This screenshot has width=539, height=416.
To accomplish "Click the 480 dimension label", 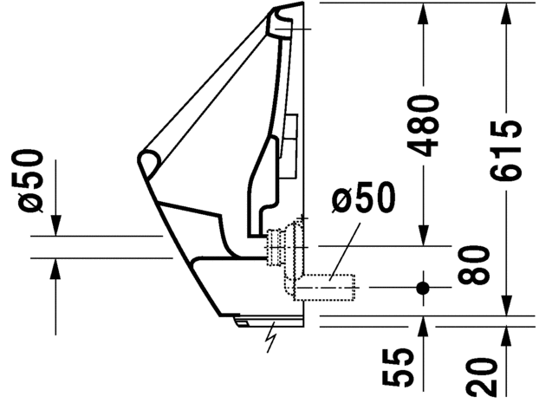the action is (x=423, y=127).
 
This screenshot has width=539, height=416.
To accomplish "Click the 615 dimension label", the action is (x=506, y=151).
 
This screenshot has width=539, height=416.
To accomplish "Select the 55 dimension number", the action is (x=398, y=367).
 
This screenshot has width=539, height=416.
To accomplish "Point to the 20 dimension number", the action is (x=482, y=377).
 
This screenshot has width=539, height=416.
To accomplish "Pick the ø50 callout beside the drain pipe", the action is (x=363, y=197).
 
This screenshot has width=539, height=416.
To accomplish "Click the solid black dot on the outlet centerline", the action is (x=423, y=288).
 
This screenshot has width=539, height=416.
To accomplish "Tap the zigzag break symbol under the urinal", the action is (x=271, y=338).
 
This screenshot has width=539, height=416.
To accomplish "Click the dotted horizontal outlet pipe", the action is (x=325, y=288).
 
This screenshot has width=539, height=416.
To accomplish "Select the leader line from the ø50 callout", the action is (x=345, y=251).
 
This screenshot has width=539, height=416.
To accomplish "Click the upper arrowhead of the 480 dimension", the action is (x=423, y=14).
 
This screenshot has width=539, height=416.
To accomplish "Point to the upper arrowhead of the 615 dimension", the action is (x=506, y=14).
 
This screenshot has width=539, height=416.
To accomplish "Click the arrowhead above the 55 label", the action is (x=423, y=328).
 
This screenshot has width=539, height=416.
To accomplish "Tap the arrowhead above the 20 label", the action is (x=506, y=338).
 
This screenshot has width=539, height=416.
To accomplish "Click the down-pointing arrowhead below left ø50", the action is (x=55, y=225).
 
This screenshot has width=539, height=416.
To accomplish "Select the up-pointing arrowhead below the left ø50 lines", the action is (x=55, y=269).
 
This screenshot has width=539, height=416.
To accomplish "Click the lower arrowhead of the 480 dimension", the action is (x=423, y=235).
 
